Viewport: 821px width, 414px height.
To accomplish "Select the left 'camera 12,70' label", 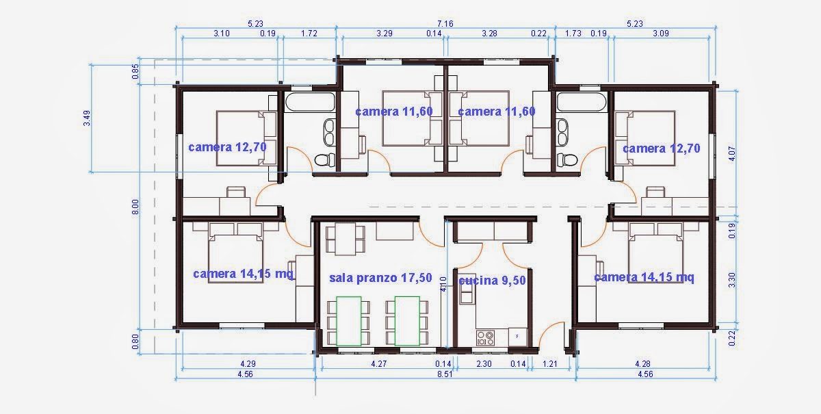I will [227, 146].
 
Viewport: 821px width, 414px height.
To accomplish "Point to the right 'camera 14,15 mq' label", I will [644, 277].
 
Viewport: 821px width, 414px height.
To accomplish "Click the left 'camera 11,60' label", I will [393, 112].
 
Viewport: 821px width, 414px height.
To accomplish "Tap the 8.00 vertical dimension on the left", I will [135, 206].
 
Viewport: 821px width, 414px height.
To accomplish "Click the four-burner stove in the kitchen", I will [485, 337].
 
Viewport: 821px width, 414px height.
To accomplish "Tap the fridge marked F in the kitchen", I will [517, 337].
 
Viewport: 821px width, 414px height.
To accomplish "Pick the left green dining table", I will [350, 321].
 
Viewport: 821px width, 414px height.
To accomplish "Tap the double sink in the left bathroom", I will [328, 133].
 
